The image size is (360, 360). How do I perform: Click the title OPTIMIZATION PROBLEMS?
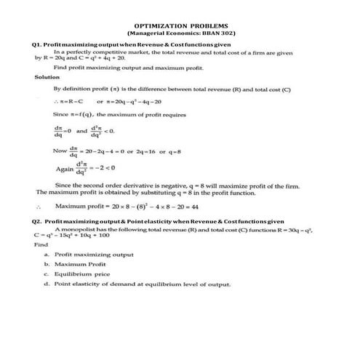180,24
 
